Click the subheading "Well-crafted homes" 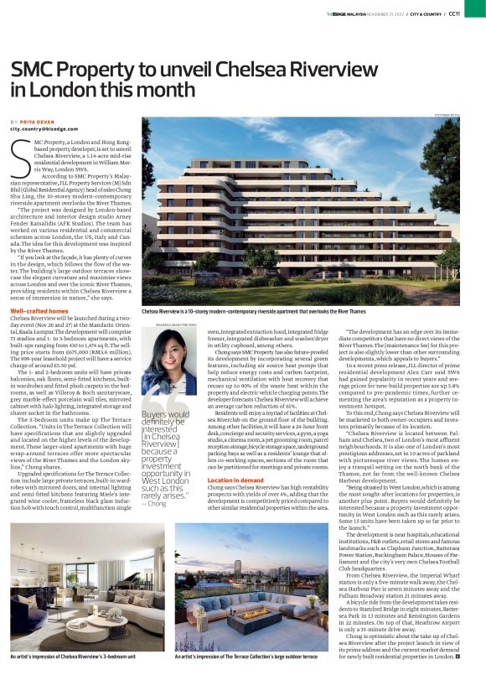tap(39, 310)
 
